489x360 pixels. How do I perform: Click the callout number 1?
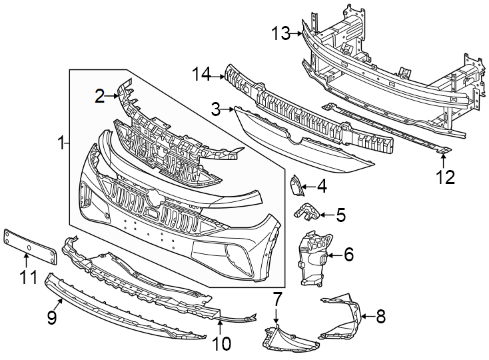pyautogui.click(x=61, y=143)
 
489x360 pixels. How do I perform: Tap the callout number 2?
pyautogui.click(x=100, y=97)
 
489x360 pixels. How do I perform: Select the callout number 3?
pyautogui.click(x=216, y=108)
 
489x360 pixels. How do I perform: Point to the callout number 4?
pyautogui.click(x=322, y=187)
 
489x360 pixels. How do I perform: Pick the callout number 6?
pyautogui.click(x=348, y=254)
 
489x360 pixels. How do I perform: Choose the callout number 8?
pyautogui.click(x=380, y=316)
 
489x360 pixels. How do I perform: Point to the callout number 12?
pyautogui.click(x=444, y=177)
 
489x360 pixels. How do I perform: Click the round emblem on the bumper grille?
pyautogui.click(x=154, y=197)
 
